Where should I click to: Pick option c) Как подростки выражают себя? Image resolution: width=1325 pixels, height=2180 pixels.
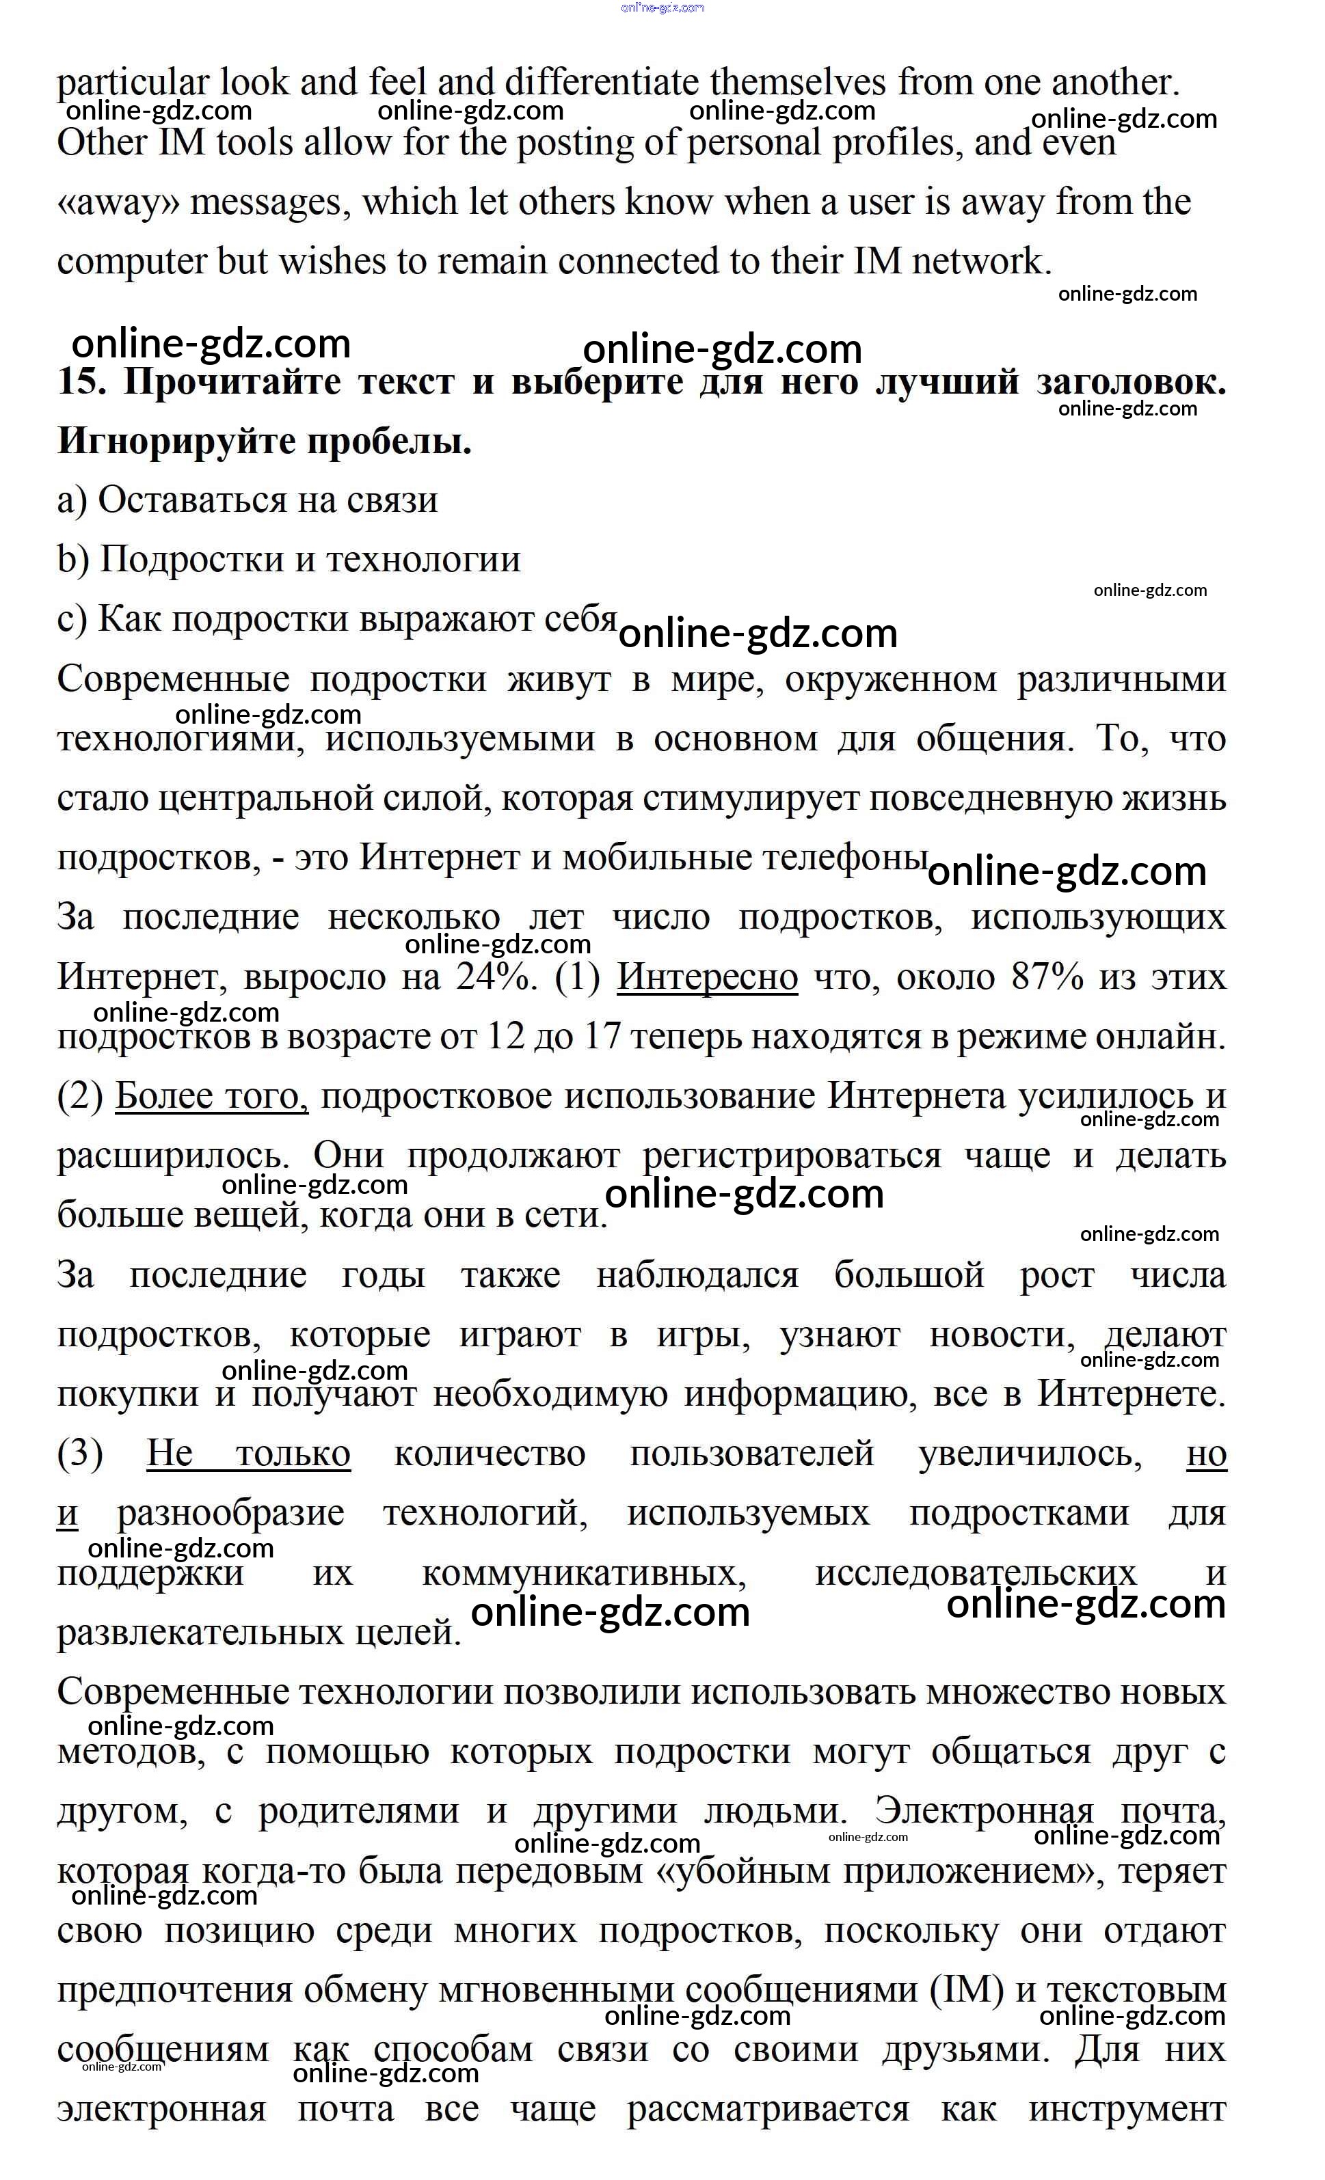pyautogui.click(x=336, y=619)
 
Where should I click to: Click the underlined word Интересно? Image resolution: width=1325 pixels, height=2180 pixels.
pyautogui.click(x=706, y=978)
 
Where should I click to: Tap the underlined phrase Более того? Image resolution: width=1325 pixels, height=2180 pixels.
pyautogui.click(x=211, y=1097)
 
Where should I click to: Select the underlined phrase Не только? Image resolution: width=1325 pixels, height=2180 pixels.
pyautogui.click(x=249, y=1454)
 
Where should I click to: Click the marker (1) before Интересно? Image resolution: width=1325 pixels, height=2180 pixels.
pyautogui.click(x=578, y=978)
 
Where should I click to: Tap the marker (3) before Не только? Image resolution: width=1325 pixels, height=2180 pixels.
pyautogui.click(x=81, y=1454)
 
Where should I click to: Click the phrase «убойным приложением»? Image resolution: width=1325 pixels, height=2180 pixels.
pyautogui.click(x=880, y=1871)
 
